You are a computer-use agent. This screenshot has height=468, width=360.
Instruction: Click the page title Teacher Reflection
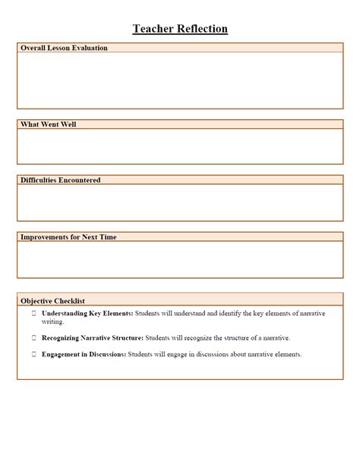tap(180, 29)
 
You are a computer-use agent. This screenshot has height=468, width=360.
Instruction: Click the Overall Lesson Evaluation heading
tap(64, 48)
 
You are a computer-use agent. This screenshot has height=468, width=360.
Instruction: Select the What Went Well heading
tap(48, 124)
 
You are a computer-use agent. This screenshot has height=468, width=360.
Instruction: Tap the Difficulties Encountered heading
tap(60, 180)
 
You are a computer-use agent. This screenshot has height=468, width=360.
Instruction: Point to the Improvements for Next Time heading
tap(68, 237)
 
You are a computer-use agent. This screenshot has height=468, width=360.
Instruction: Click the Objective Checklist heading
tap(52, 301)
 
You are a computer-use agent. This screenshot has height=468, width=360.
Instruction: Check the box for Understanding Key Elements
tap(33, 313)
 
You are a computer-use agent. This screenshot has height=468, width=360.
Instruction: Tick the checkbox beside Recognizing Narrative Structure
tap(33, 337)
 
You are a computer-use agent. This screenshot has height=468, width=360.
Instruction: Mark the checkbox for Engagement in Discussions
tap(33, 354)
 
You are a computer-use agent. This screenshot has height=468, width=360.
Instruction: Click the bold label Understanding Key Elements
tap(87, 313)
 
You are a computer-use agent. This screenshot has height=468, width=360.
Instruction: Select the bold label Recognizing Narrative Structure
tap(92, 337)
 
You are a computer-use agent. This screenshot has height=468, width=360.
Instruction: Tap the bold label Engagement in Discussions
tap(84, 354)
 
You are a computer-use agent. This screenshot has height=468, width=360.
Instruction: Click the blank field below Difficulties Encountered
tap(180, 203)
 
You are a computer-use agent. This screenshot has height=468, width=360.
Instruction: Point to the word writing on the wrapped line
tap(52, 321)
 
